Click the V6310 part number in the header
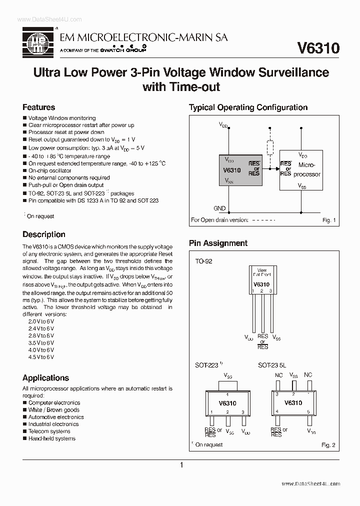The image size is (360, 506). click(x=318, y=48)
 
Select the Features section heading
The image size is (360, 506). click(x=38, y=107)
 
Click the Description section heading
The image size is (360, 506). click(x=44, y=234)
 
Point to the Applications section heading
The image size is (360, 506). click(x=45, y=377)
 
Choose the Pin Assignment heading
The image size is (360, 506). click(x=218, y=243)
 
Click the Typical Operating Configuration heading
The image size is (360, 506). click(x=248, y=107)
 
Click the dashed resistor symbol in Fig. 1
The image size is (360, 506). click(x=270, y=148)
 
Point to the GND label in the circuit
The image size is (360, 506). click(x=219, y=208)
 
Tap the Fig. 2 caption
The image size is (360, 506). click(x=327, y=444)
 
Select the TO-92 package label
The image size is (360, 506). click(x=203, y=261)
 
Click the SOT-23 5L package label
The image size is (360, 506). click(x=272, y=365)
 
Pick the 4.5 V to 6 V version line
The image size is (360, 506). click(x=41, y=357)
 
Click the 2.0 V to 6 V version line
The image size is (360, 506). click(x=41, y=321)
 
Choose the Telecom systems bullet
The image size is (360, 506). click(x=49, y=431)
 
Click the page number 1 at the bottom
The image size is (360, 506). click(x=181, y=465)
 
